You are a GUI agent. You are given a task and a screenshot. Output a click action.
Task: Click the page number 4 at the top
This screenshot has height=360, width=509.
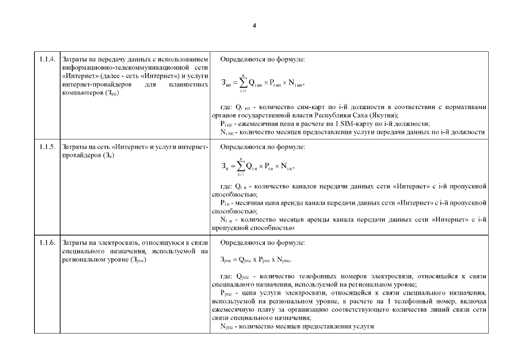(x=254, y=26)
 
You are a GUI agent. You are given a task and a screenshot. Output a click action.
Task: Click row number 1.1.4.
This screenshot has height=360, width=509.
(x=47, y=59)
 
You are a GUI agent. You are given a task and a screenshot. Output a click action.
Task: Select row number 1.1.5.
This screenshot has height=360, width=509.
(x=47, y=147)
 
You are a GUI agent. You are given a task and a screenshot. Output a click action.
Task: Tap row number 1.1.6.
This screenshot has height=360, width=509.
(x=47, y=243)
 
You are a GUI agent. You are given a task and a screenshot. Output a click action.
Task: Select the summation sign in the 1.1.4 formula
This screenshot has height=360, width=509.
(x=242, y=83)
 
